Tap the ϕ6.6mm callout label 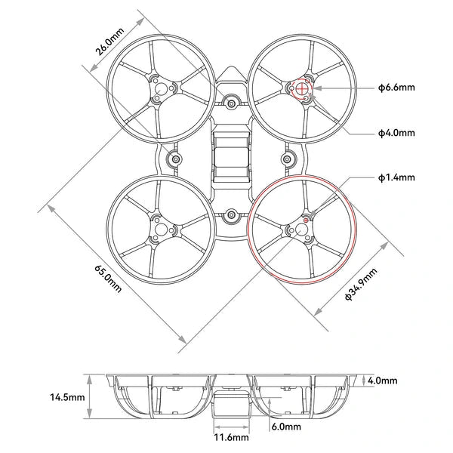pos(396,88)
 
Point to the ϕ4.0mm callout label pos(396,133)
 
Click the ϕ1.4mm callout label pos(396,178)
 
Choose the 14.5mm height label pos(66,396)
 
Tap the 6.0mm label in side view pos(286,427)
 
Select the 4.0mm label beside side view pos(382,381)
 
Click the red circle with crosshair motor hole pos(302,88)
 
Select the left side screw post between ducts pos(174,159)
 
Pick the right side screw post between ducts pos(288,159)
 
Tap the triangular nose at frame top pos(231,74)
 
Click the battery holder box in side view pos(230,404)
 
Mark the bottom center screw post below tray pos(231,217)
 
